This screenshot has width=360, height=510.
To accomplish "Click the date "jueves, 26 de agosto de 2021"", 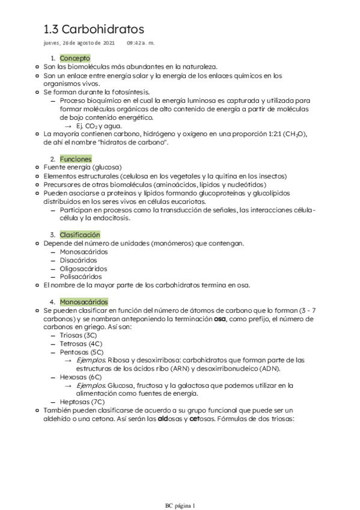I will [79, 43].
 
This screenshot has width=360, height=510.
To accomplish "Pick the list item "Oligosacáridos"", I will [84, 268].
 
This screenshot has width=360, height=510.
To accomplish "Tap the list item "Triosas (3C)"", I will [78, 335].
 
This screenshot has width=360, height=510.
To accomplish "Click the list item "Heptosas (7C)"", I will [81, 402].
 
